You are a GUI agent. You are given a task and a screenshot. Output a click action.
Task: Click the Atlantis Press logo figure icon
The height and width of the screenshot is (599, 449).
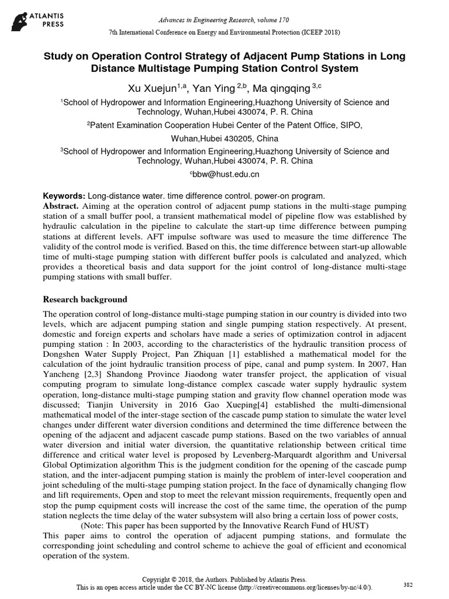[20, 19]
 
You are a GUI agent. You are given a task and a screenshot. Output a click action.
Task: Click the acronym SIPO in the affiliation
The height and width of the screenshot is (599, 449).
[349, 125]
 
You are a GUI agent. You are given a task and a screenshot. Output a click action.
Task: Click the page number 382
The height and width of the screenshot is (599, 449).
[409, 584]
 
